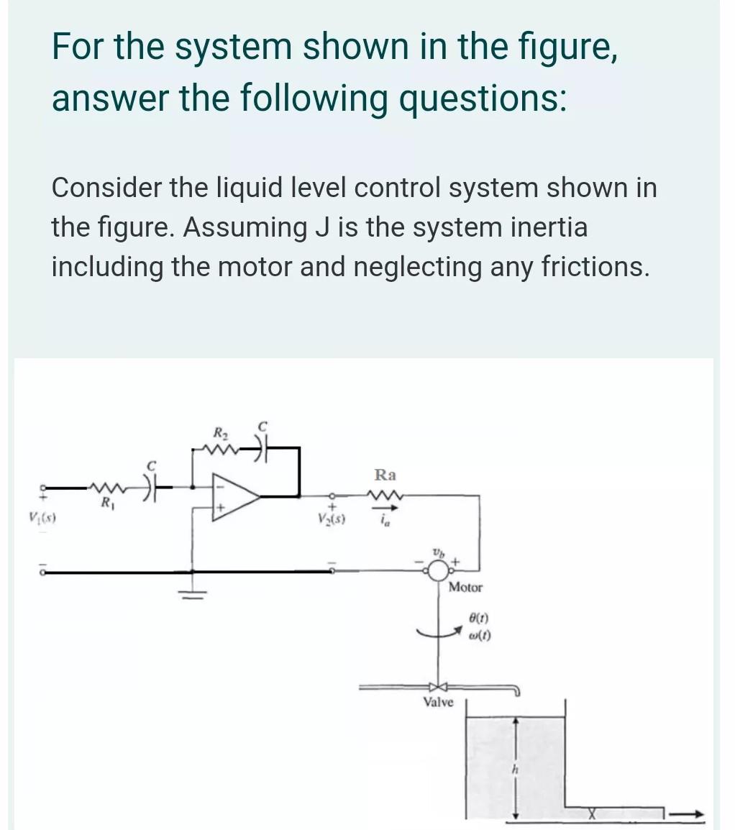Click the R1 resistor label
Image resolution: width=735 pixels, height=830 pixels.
[x=107, y=501]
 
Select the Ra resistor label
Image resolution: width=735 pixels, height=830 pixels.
[x=385, y=475]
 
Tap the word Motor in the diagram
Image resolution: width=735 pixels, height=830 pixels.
[x=466, y=588]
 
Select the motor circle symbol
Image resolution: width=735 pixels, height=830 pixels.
[x=437, y=573]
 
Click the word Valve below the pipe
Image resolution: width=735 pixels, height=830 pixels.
[x=438, y=701]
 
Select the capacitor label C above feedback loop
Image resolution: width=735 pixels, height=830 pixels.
[x=264, y=427]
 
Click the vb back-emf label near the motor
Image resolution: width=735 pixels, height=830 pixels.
[x=437, y=550]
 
